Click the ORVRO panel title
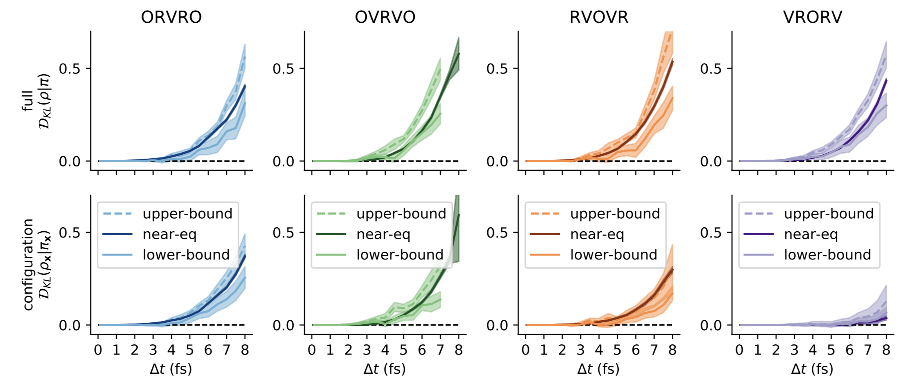171,17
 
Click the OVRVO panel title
385,17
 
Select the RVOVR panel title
599,17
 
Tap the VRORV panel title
813,17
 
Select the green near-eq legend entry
383,234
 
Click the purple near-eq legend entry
811,234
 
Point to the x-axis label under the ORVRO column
171,369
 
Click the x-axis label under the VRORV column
812,369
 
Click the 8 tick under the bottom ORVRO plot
245,350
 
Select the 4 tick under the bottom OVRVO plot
385,350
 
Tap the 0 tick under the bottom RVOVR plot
526,350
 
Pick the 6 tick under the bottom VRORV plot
849,350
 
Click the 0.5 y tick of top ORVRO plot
70,69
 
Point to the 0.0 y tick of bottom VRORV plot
711,325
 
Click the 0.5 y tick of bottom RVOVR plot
497,233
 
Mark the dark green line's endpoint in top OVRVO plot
459,54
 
